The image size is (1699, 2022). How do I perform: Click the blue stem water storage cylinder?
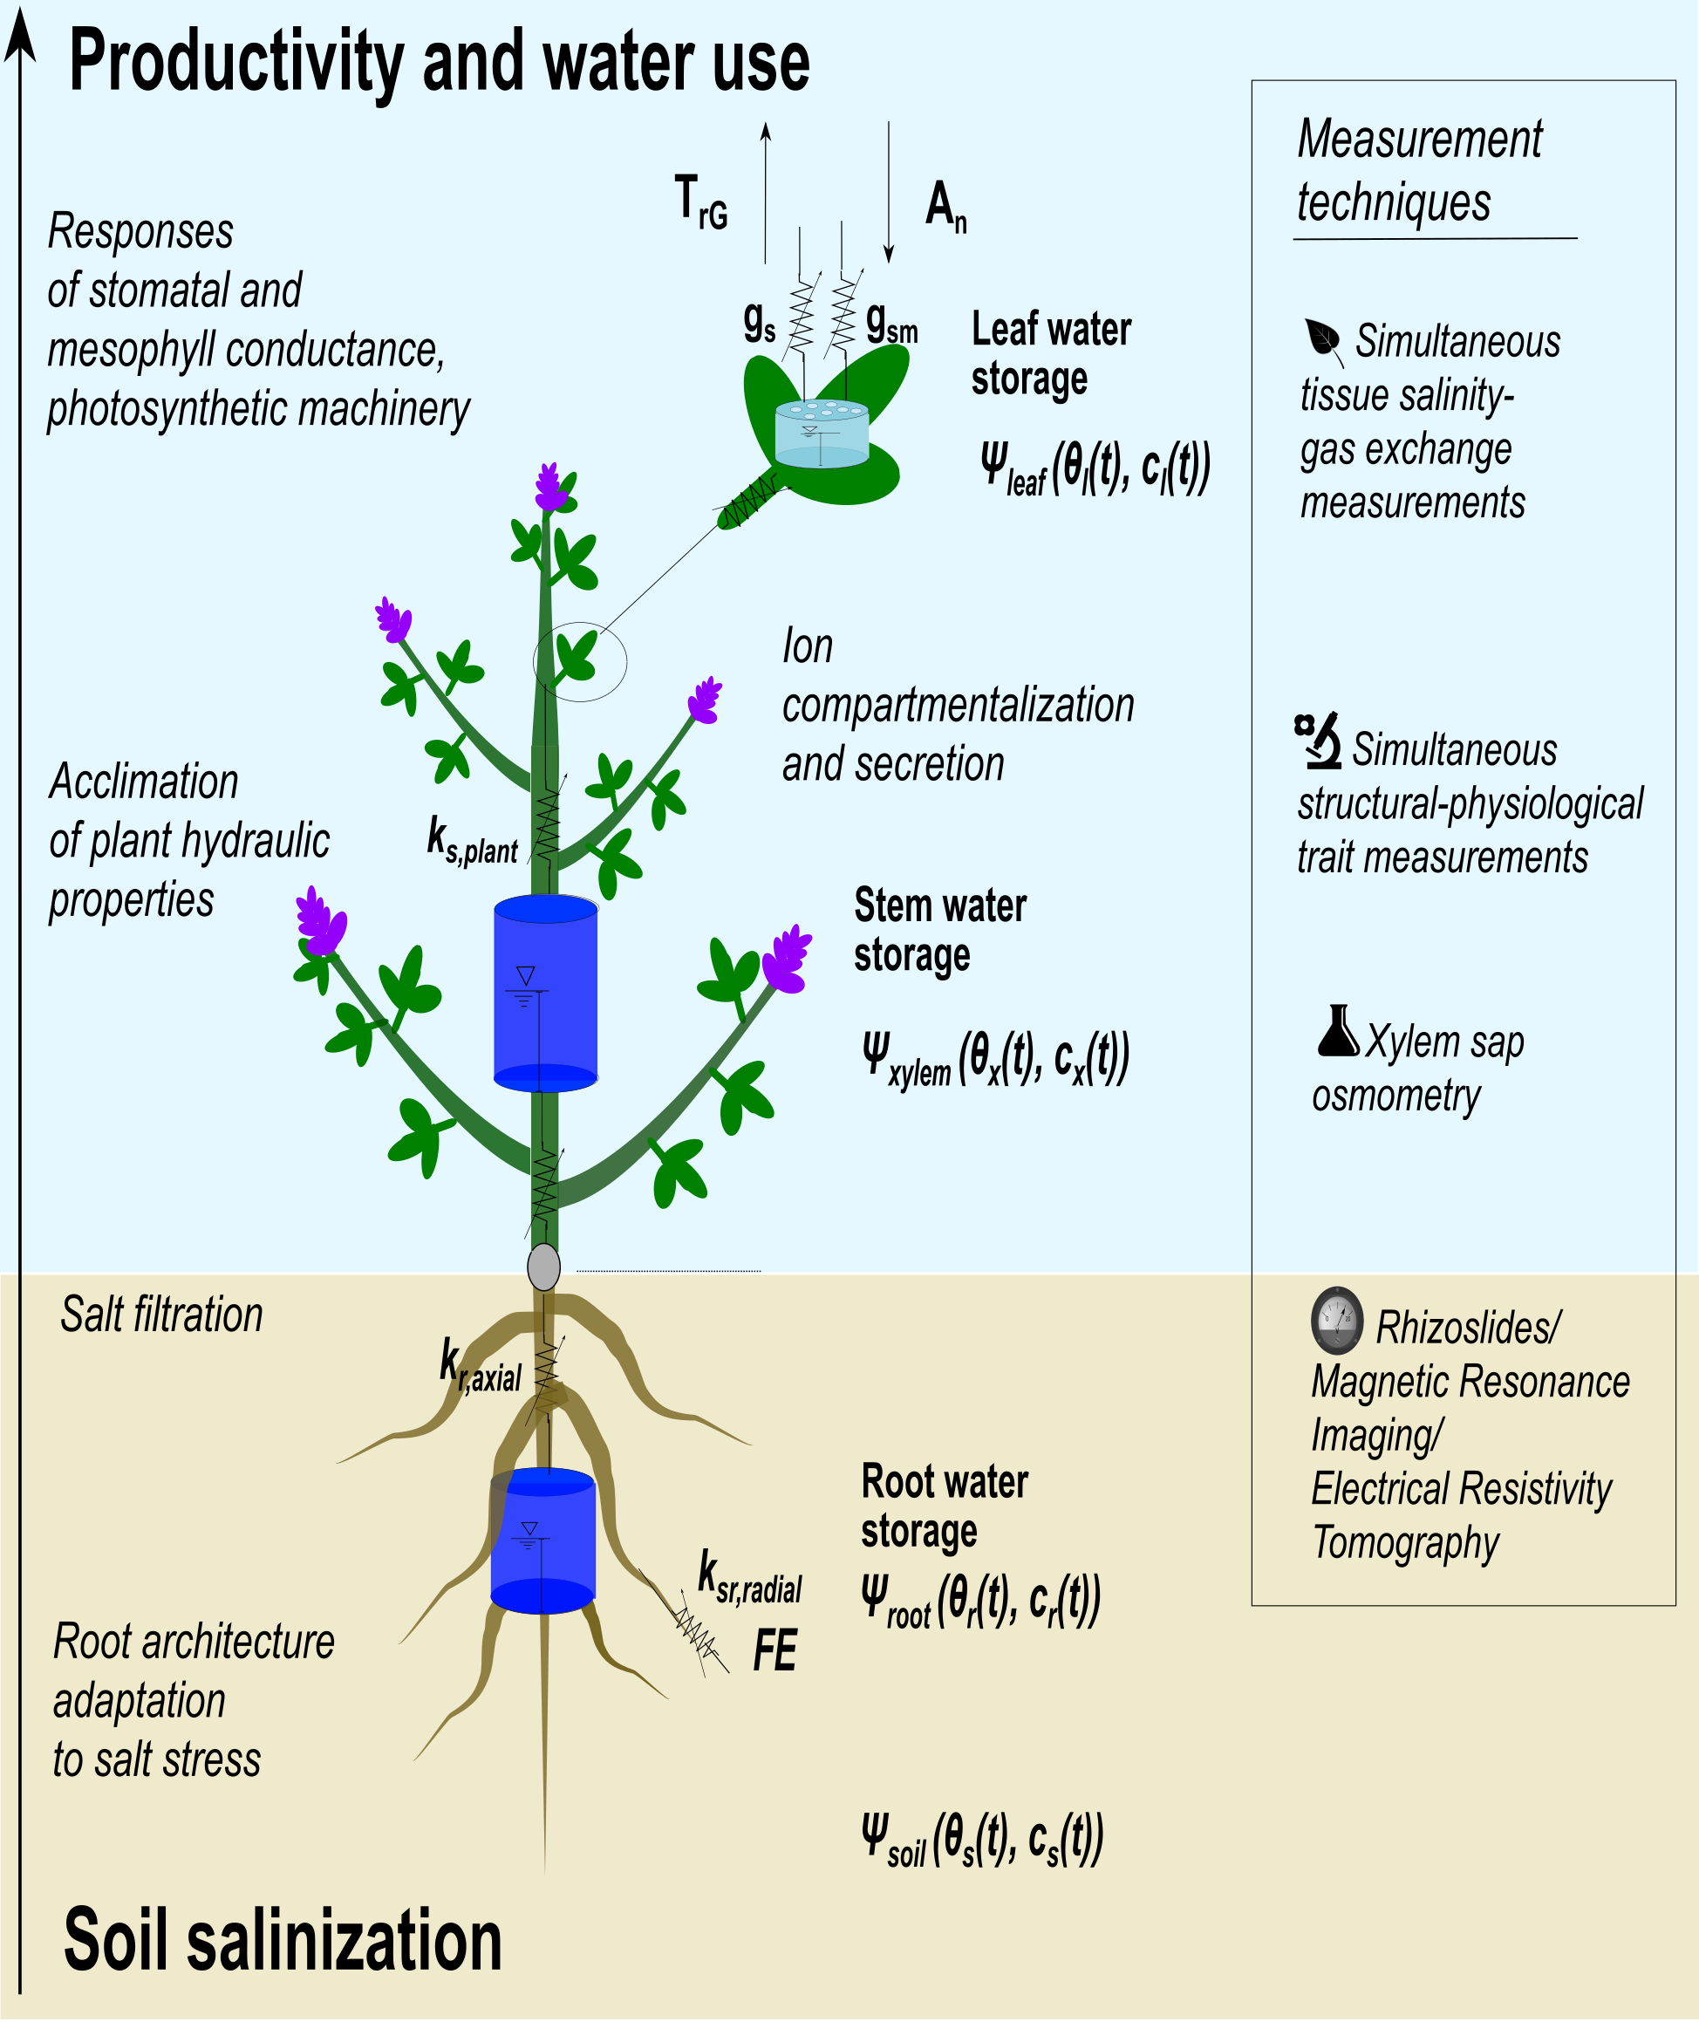pos(545,992)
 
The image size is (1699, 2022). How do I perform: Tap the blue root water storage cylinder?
pos(542,1540)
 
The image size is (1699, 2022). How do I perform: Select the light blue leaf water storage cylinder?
pos(822,434)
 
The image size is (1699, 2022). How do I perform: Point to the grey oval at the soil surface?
pos(544,1267)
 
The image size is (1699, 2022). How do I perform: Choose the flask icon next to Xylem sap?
pos(1338,1032)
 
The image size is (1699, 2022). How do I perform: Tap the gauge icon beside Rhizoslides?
pos(1337,1320)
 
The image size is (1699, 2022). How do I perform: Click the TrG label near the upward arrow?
pos(701,202)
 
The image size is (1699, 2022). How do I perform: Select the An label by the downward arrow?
pos(945,207)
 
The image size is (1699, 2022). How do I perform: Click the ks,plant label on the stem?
pos(472,840)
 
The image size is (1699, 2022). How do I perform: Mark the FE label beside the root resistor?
pos(774,1651)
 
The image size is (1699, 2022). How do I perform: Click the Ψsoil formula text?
pos(981,1840)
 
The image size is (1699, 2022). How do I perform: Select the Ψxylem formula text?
pos(995,1059)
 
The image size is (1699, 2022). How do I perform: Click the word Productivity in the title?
pos(236,63)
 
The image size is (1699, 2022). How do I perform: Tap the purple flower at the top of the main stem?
pos(550,488)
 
